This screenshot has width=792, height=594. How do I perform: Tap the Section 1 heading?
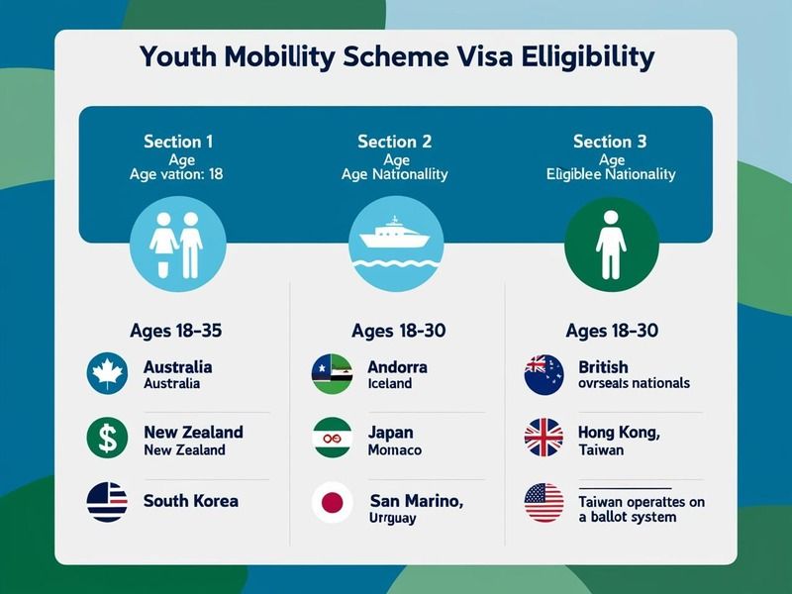click(178, 142)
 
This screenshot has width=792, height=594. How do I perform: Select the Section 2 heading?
click(394, 142)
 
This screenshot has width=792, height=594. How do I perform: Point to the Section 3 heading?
click(610, 142)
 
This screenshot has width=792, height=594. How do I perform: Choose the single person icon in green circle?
click(610, 242)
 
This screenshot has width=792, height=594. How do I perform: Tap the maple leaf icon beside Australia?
click(107, 374)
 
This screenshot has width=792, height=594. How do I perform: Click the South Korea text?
click(191, 500)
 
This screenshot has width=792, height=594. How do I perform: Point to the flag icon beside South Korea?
click(107, 501)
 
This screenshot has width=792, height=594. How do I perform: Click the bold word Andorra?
click(397, 366)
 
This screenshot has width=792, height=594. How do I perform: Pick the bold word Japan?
click(391, 433)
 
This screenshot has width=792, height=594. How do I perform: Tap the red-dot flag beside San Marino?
click(333, 503)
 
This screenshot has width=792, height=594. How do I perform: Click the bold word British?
click(604, 366)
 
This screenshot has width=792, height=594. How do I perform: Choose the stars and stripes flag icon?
click(544, 503)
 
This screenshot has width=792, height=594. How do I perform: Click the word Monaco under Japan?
click(394, 449)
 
